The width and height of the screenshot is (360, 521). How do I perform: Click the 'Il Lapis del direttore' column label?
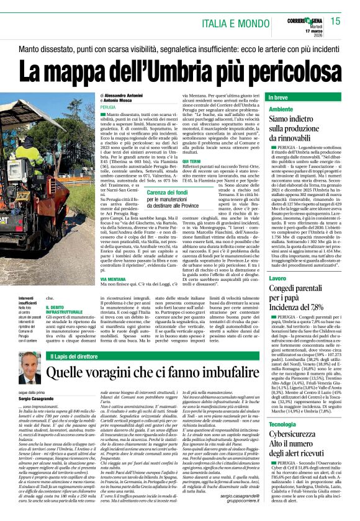pyautogui.click(x=81, y=356)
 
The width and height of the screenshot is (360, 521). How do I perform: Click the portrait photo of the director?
pyautogui.click(x=29, y=368)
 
